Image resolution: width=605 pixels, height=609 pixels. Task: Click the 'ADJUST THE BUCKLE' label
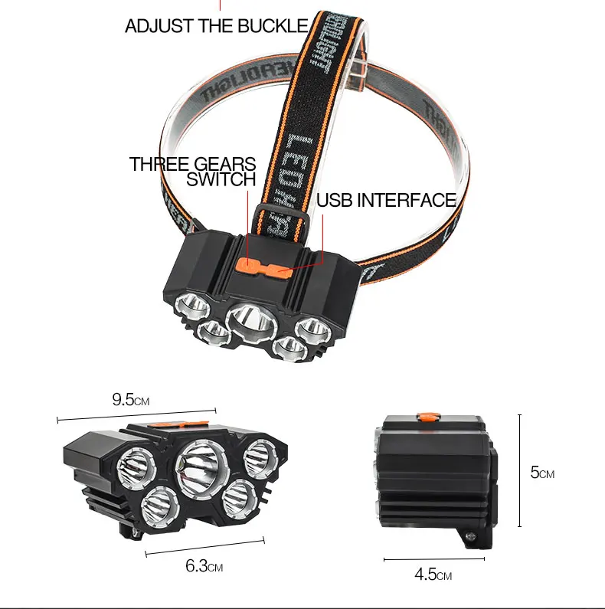pos(216,27)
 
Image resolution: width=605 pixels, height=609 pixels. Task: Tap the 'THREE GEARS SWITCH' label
pos(192,172)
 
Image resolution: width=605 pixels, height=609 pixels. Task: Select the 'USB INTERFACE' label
pos(386,201)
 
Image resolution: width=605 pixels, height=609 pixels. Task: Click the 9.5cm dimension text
pos(130,400)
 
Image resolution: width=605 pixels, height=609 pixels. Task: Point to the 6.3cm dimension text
pos(204,568)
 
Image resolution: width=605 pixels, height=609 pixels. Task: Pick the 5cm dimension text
pos(542,473)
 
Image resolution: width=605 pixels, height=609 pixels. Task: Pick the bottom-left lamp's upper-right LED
pos(260,458)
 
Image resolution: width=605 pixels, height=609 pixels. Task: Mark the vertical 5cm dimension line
pos(520,470)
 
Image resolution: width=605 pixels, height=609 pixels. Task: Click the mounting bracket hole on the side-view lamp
pos(471,538)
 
